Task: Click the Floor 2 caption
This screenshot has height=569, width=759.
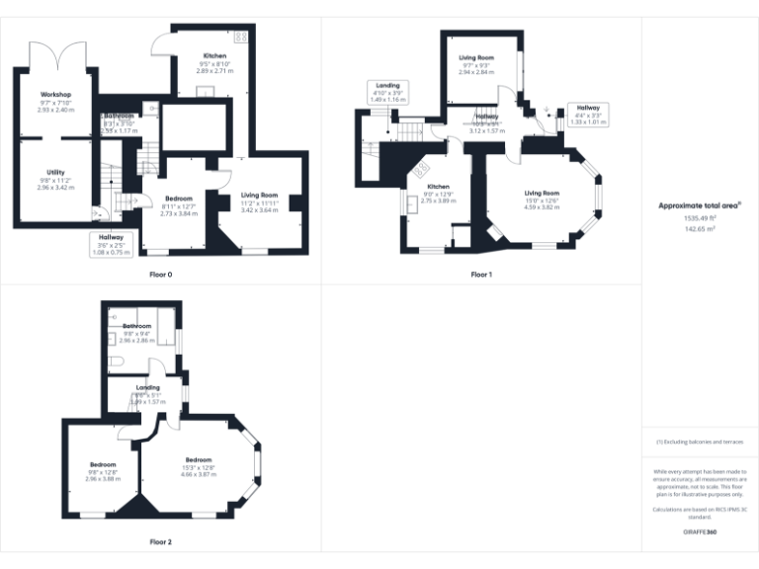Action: tap(160, 542)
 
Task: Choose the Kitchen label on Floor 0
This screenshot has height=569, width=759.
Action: tap(214, 56)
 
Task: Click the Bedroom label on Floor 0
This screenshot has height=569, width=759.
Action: tap(179, 199)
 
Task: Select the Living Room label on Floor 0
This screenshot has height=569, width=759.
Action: tap(260, 196)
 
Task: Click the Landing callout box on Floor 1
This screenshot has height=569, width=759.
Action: tap(388, 92)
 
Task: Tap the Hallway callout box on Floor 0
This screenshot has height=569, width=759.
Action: tap(111, 244)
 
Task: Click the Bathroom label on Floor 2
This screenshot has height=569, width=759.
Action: tap(136, 326)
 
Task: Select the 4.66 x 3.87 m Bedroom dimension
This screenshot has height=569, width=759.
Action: tap(199, 474)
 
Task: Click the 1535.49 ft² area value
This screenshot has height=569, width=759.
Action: tap(700, 217)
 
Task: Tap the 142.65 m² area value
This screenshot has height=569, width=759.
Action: tap(700, 227)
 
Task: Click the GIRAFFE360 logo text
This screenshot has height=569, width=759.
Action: tap(700, 532)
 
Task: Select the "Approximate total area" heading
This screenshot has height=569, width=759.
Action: tap(700, 204)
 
